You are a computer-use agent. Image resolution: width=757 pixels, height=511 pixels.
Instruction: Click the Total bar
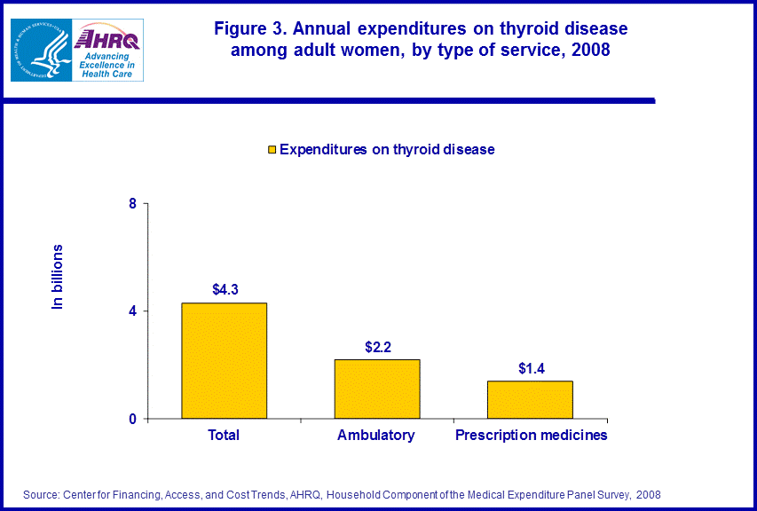coord(224,360)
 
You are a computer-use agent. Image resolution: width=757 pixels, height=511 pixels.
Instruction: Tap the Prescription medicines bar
coord(530,399)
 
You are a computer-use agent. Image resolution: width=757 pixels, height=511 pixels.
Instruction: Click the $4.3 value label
coord(225,289)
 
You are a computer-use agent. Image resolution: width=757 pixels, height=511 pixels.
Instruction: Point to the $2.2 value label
coord(378,346)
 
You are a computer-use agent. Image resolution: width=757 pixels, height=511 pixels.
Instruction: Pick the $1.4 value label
coord(532,367)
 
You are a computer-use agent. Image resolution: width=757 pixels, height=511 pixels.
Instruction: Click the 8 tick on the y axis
coord(133,204)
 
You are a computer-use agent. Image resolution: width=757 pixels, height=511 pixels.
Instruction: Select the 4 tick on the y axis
coord(133,311)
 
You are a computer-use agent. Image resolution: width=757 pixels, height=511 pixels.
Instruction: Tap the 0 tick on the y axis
coord(133,419)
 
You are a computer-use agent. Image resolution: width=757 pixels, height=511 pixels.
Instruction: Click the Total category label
coord(224,436)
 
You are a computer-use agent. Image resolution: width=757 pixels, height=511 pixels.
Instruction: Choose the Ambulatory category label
coord(376,436)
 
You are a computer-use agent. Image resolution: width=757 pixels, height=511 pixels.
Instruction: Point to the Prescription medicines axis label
coord(531,436)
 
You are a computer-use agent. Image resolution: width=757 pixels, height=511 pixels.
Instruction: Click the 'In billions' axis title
coord(58,276)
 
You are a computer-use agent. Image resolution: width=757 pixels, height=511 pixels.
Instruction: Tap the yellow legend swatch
coord(272,150)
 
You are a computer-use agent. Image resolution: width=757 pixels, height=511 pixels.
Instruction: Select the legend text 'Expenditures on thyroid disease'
coord(387,150)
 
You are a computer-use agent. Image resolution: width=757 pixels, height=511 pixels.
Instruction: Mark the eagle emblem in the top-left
coord(39,50)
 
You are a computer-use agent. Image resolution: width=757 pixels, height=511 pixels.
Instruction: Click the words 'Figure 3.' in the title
coord(251,29)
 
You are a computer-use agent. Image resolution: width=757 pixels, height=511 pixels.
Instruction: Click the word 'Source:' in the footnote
coord(40,494)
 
